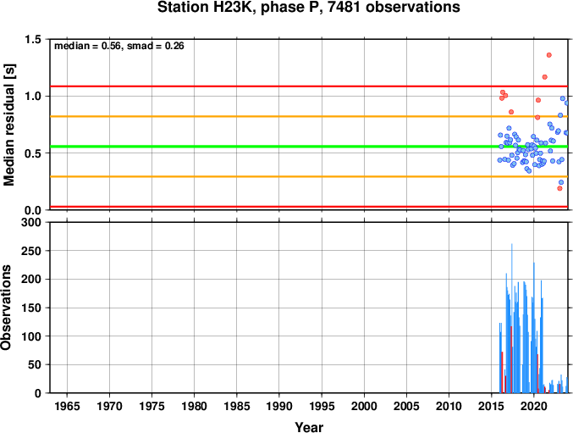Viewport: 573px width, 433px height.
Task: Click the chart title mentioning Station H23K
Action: coord(308,8)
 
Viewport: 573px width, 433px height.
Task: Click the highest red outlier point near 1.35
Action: coord(549,55)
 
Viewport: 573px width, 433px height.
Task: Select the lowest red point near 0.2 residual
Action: coord(559,188)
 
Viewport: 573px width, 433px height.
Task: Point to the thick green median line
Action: coord(309,147)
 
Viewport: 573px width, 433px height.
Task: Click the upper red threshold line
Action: coord(309,86)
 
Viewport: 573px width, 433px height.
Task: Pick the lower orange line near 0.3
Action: coord(309,176)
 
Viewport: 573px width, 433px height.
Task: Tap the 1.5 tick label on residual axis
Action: coord(33,39)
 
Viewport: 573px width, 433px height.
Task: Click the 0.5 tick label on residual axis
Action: coord(33,153)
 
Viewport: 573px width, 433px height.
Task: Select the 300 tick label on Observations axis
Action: coord(31,222)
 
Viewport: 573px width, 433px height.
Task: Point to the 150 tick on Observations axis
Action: coord(31,308)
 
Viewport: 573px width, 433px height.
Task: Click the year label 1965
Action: coord(67,406)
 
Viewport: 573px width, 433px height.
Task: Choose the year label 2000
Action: coord(364,406)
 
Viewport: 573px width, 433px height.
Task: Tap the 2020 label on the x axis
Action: coord(533,406)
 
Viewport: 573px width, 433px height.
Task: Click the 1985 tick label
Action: coord(236,406)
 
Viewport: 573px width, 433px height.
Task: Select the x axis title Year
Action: coord(309,427)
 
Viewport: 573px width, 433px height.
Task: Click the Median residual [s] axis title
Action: coord(8,125)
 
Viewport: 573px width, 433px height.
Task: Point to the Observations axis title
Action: coord(6,308)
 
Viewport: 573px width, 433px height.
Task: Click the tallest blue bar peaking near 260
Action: coord(511,318)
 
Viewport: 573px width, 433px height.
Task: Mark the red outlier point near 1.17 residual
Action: coord(545,77)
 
